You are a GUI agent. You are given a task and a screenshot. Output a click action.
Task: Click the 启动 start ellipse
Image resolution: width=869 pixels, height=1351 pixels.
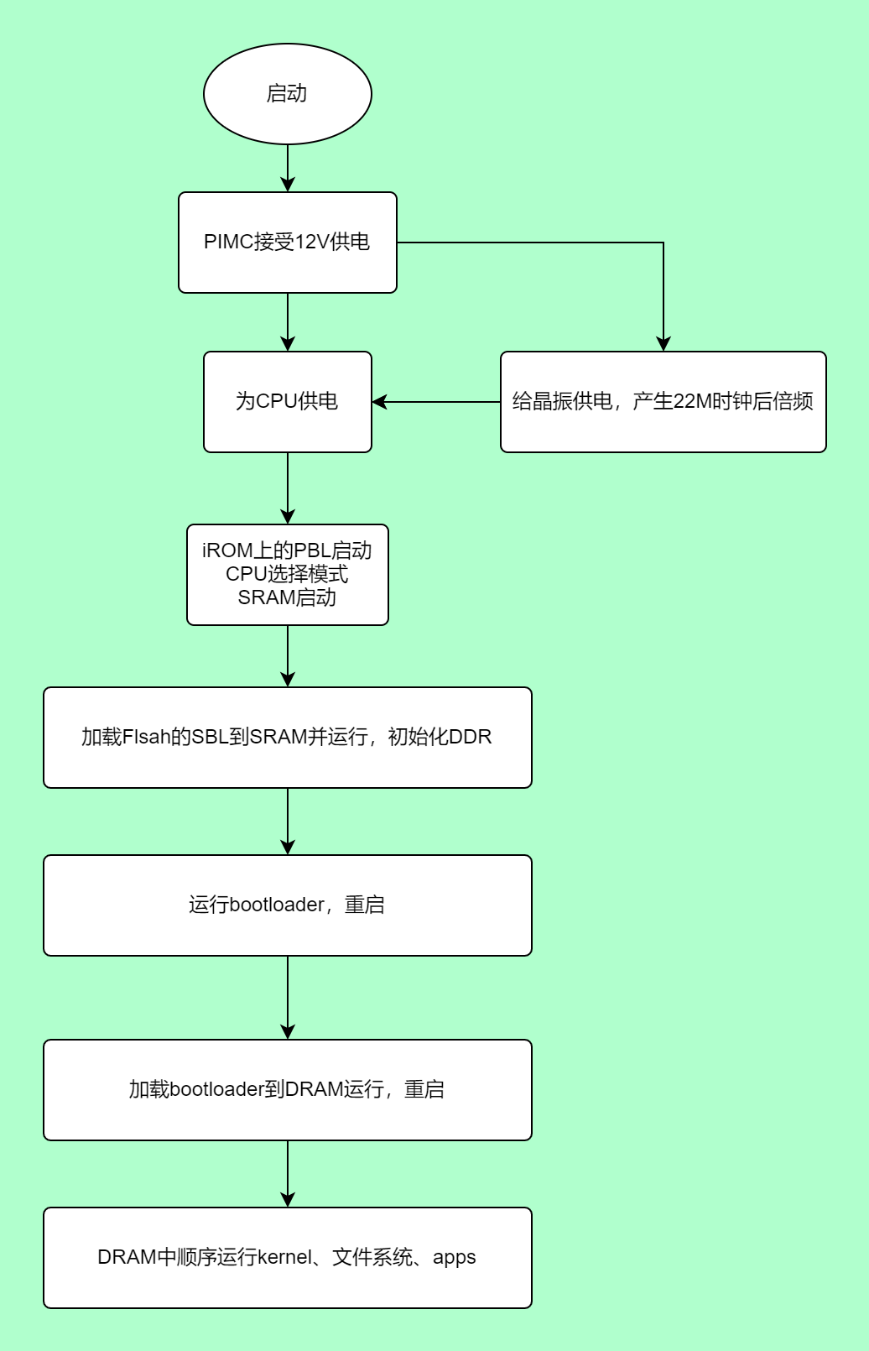coord(288,94)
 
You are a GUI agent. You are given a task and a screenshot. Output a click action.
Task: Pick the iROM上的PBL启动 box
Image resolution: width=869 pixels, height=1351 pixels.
coord(288,574)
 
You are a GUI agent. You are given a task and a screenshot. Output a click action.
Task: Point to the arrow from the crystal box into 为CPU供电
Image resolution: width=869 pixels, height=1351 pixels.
coord(436,402)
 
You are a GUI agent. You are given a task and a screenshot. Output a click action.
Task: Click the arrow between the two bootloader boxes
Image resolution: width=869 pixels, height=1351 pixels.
coord(288,998)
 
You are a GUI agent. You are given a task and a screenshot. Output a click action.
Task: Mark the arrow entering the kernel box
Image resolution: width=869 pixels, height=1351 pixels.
coord(288,1174)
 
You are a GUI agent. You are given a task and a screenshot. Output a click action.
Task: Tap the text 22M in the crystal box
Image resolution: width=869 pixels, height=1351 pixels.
coord(694,401)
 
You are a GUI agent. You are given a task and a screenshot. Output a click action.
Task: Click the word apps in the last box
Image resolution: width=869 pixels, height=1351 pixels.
coord(454,1257)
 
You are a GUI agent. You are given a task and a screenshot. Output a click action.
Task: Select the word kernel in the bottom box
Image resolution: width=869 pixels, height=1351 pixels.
coord(284,1257)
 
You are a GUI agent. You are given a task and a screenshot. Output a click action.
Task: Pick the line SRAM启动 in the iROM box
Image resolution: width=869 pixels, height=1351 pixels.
coord(288,597)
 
